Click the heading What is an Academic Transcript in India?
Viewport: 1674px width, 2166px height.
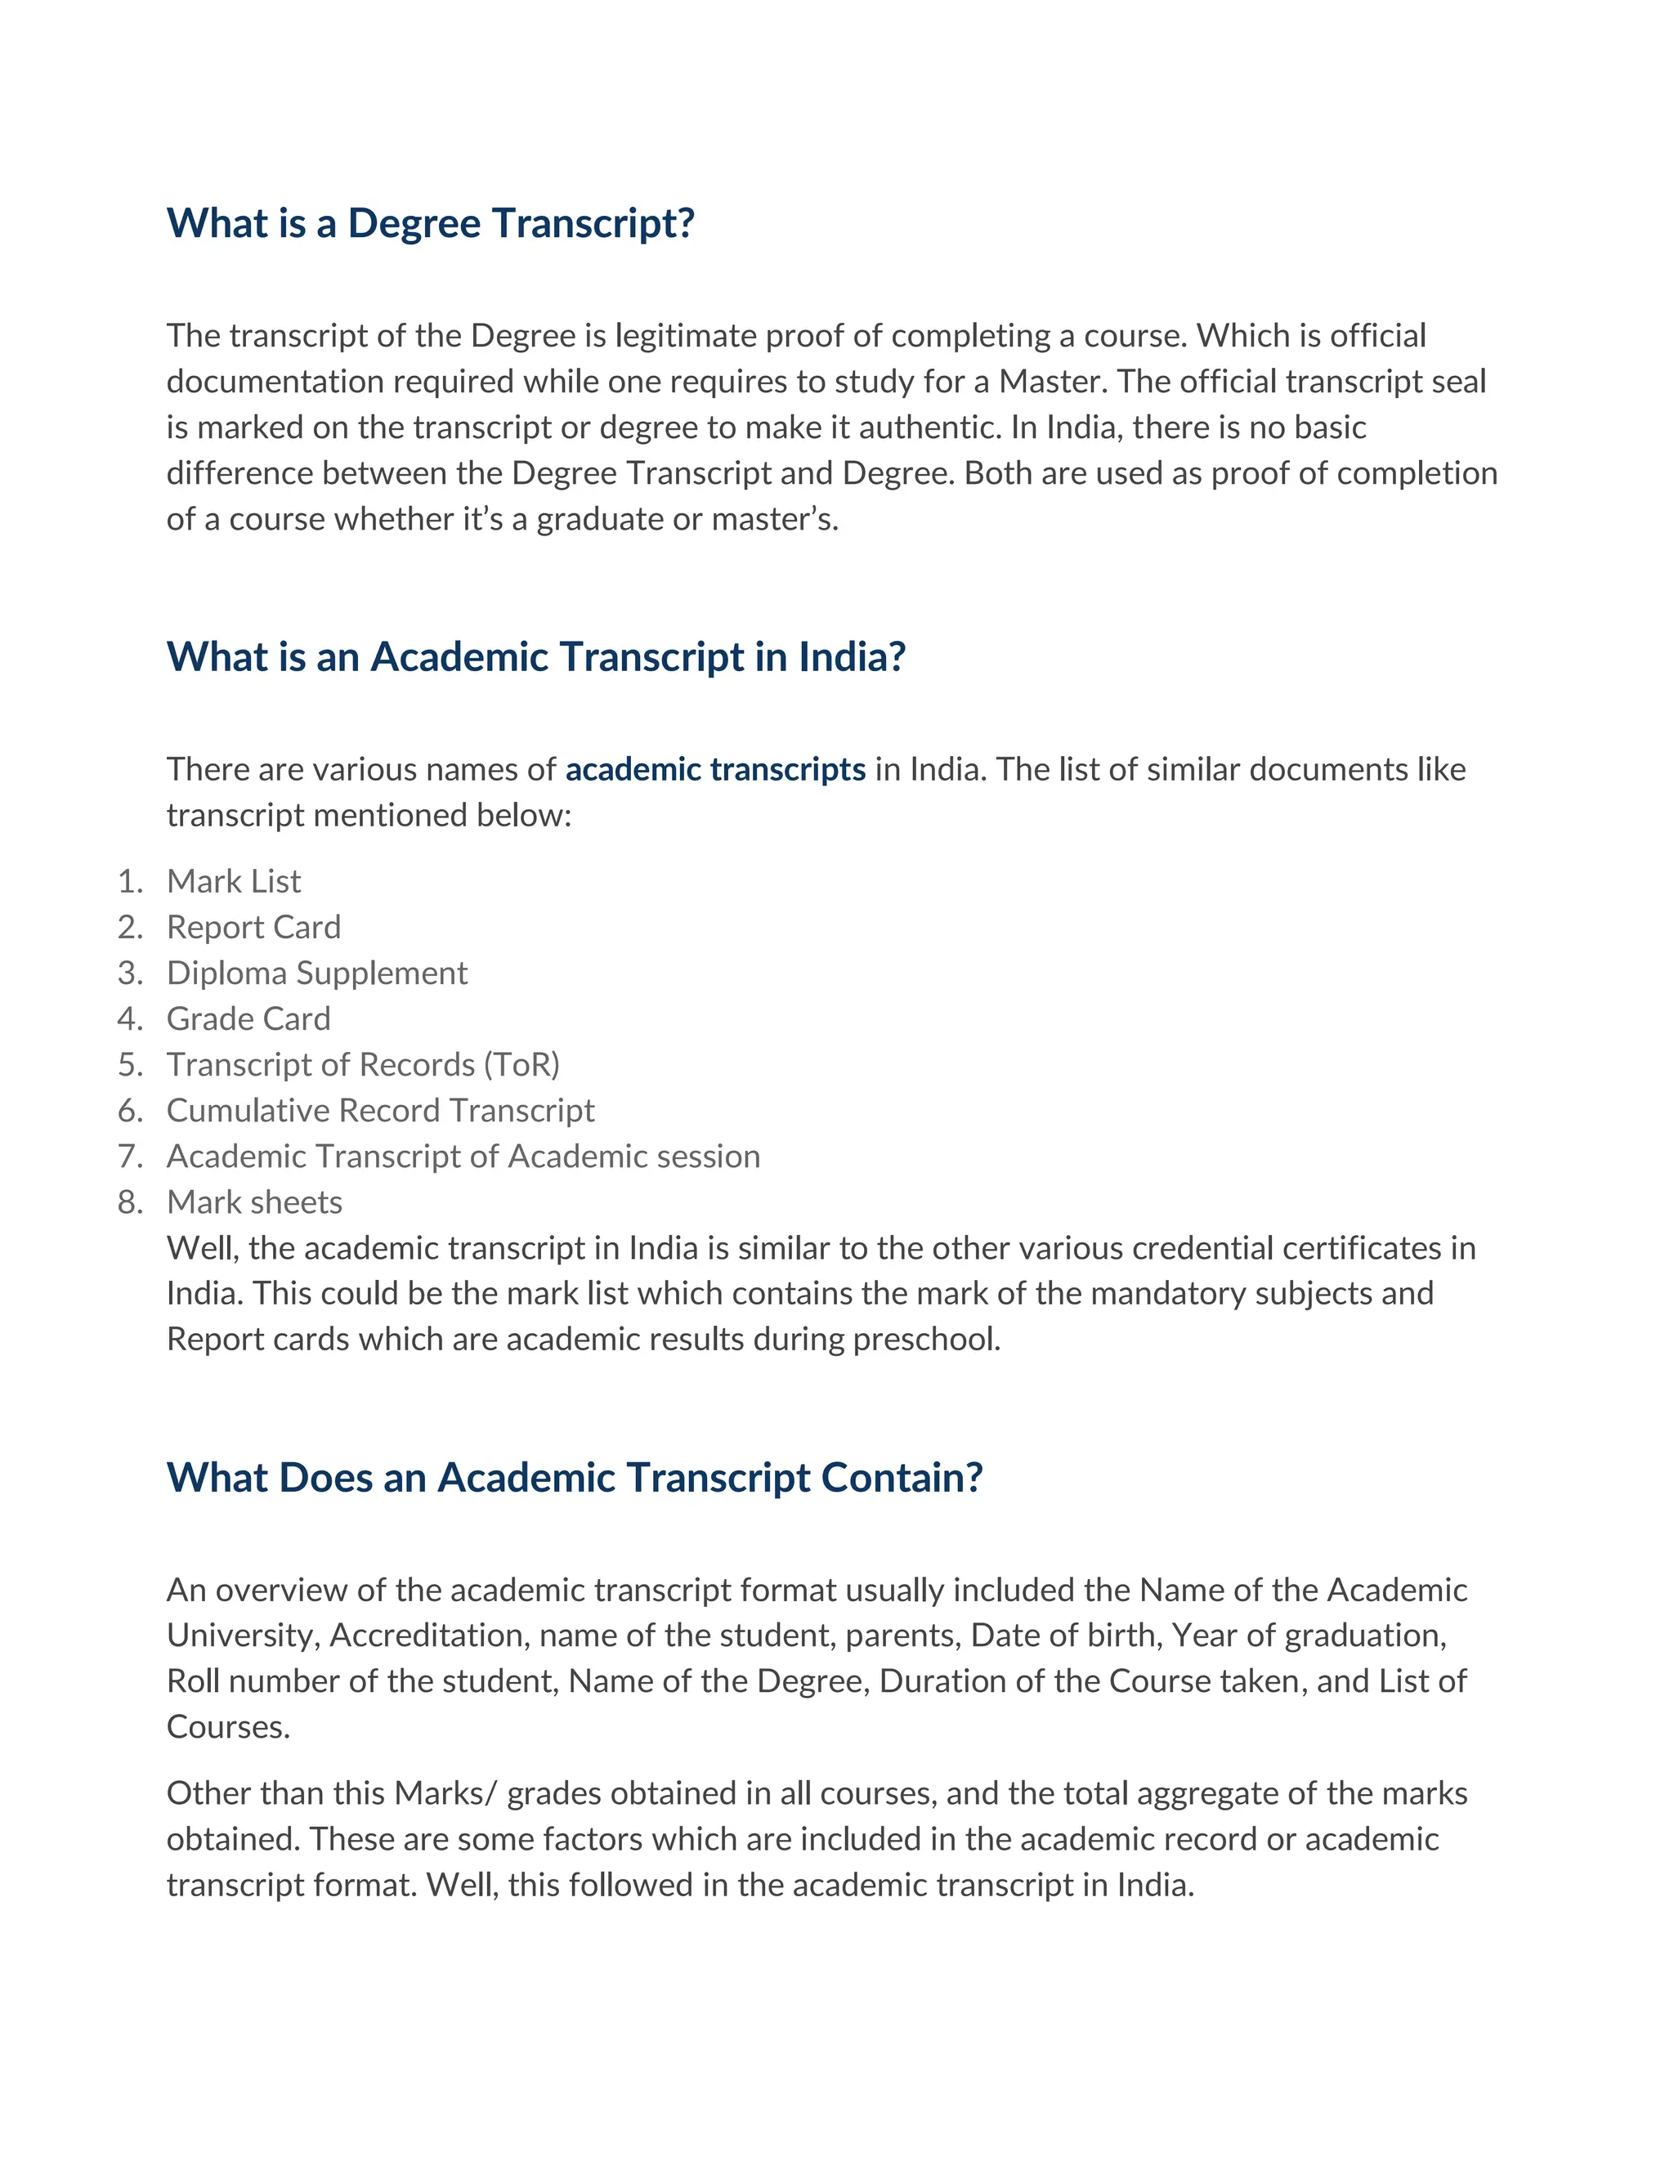[x=535, y=656]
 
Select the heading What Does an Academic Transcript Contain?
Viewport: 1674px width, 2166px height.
[x=574, y=1477]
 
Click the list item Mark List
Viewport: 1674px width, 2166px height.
[x=233, y=880]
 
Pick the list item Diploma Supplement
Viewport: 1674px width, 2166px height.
[x=316, y=972]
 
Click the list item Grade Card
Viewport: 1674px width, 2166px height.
[x=248, y=1018]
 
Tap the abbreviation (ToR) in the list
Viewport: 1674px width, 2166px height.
[x=521, y=1064]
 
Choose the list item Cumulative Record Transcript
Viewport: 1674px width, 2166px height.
[x=380, y=1110]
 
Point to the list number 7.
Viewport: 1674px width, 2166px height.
[x=129, y=1156]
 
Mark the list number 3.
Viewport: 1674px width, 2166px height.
[x=129, y=972]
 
